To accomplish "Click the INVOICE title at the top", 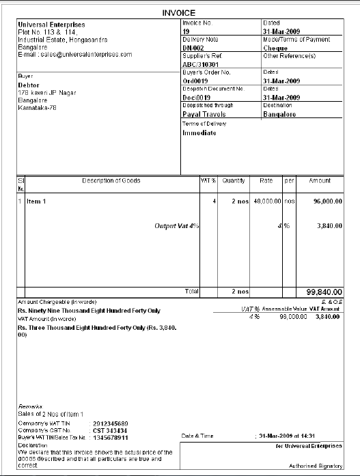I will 179,12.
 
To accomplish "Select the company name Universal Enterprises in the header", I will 46,24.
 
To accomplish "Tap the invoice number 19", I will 186,31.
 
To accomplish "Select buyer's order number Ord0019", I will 195,80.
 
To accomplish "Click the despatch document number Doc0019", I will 196,97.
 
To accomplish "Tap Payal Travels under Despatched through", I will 204,114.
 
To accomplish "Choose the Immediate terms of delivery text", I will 199,132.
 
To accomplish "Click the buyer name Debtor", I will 29,85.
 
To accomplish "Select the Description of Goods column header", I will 111,181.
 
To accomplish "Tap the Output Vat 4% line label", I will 177,225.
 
